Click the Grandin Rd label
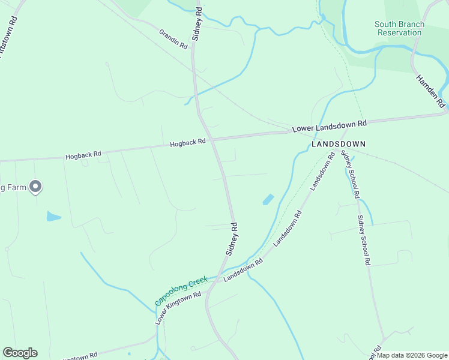[x=173, y=38]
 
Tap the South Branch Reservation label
[x=399, y=28]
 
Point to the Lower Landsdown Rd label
[x=329, y=126]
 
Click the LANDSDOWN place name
[x=338, y=145]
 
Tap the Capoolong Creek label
[x=181, y=290]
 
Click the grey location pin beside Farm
[x=35, y=187]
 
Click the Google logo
[x=20, y=353]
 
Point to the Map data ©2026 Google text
[x=412, y=355]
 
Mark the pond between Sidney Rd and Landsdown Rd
[x=268, y=199]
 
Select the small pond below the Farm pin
[x=53, y=216]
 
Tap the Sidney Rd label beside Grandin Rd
[x=197, y=24]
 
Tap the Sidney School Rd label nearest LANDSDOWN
[x=350, y=175]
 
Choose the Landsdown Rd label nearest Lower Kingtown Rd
[x=243, y=271]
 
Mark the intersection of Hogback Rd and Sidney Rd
[x=211, y=140]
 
